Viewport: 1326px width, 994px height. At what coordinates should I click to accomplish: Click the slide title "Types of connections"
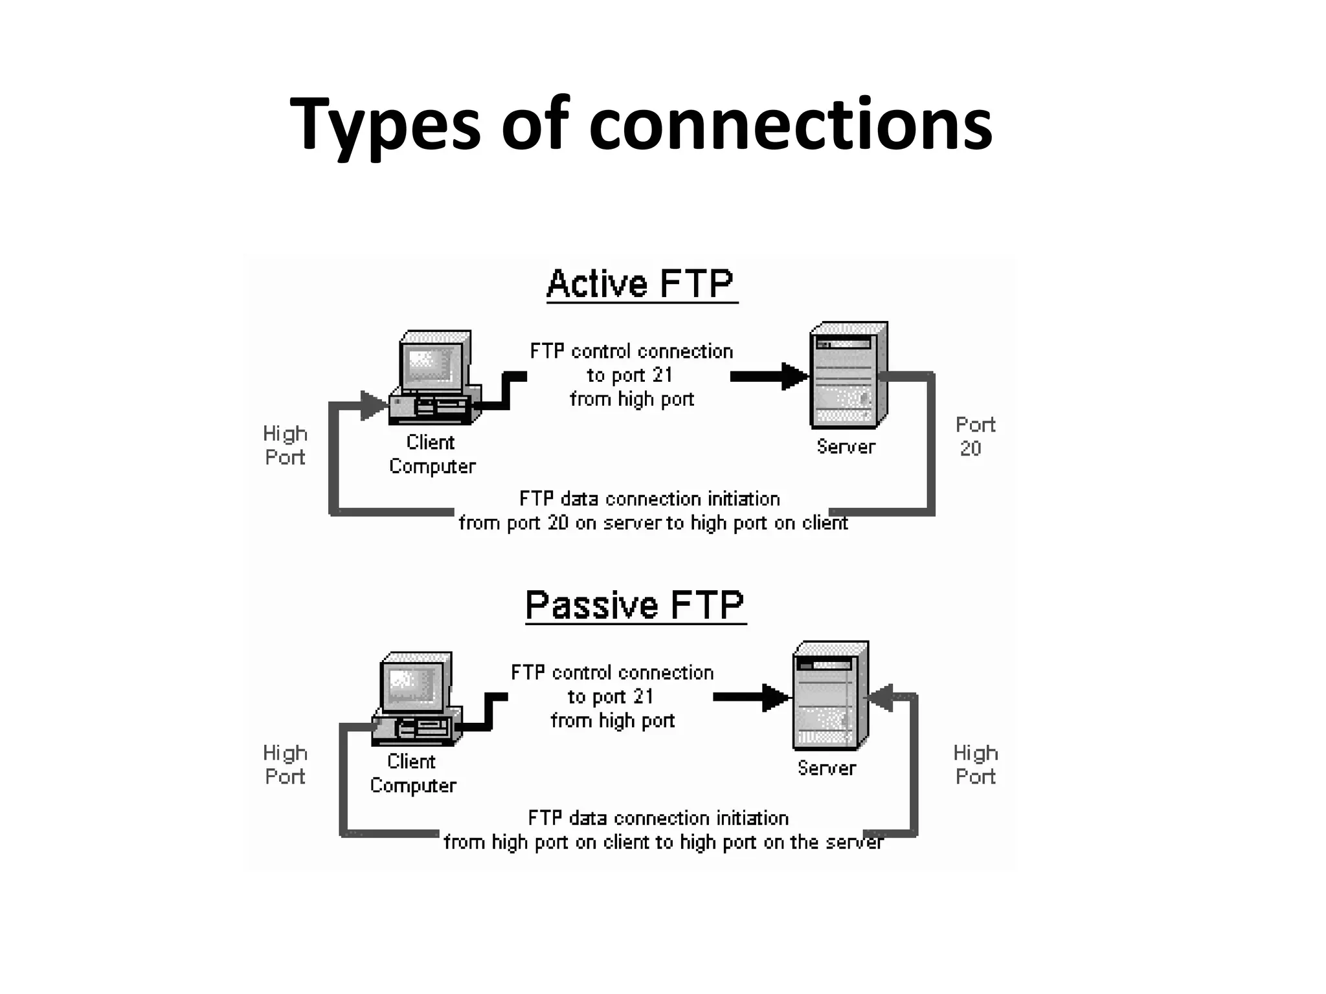(x=640, y=124)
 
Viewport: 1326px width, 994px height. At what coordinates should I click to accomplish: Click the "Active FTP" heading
(x=640, y=284)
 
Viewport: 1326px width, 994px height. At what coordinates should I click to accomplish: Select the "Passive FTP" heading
(x=635, y=606)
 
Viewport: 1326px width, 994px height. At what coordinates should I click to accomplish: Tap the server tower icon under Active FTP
(x=848, y=375)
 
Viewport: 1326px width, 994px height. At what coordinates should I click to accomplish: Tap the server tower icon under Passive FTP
(x=830, y=696)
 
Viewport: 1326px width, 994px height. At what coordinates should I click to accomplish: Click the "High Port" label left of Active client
(x=285, y=445)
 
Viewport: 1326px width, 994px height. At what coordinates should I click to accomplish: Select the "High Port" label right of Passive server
(x=975, y=764)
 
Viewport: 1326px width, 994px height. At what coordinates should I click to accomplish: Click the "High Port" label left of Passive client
(x=285, y=764)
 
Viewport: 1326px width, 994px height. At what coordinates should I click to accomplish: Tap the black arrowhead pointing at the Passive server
(x=775, y=698)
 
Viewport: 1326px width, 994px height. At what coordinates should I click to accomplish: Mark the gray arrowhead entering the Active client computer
(x=373, y=405)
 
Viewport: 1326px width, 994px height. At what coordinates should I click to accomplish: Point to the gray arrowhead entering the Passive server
(x=881, y=698)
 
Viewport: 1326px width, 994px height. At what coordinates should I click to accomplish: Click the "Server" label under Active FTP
(x=846, y=447)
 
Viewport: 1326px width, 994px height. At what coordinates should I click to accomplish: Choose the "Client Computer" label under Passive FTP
(x=412, y=773)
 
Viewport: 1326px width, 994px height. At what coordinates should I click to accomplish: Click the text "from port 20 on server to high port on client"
(x=653, y=523)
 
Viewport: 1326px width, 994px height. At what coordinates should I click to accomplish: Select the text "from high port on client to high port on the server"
(x=663, y=842)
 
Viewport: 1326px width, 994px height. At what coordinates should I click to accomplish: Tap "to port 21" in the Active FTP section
(x=630, y=375)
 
